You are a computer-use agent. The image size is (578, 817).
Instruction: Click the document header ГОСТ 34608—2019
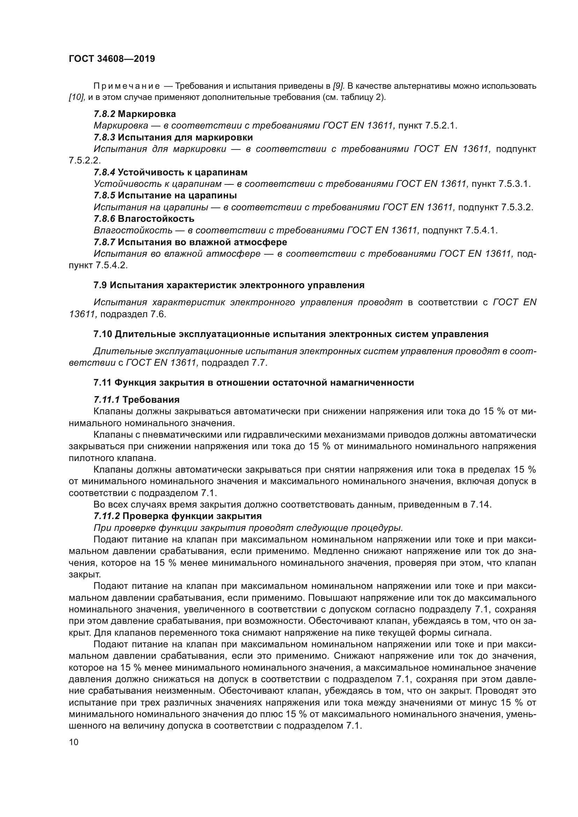point(112,59)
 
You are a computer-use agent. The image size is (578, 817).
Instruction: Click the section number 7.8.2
point(104,114)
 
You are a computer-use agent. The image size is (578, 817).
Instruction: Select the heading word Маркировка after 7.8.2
point(147,114)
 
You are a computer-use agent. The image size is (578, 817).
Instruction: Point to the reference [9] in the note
point(339,86)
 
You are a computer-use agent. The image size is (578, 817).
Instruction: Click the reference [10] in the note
point(77,97)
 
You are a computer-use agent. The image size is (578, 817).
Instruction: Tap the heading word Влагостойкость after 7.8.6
point(156,218)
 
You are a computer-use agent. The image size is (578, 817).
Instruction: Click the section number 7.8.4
point(104,172)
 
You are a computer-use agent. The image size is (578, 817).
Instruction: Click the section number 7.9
point(100,285)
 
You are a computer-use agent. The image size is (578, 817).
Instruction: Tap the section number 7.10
point(103,334)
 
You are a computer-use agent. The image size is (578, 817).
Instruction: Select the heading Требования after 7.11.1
point(151,400)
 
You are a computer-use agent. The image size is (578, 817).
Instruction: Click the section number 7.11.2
point(107,516)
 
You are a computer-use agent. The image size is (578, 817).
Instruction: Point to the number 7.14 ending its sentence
point(481,505)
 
